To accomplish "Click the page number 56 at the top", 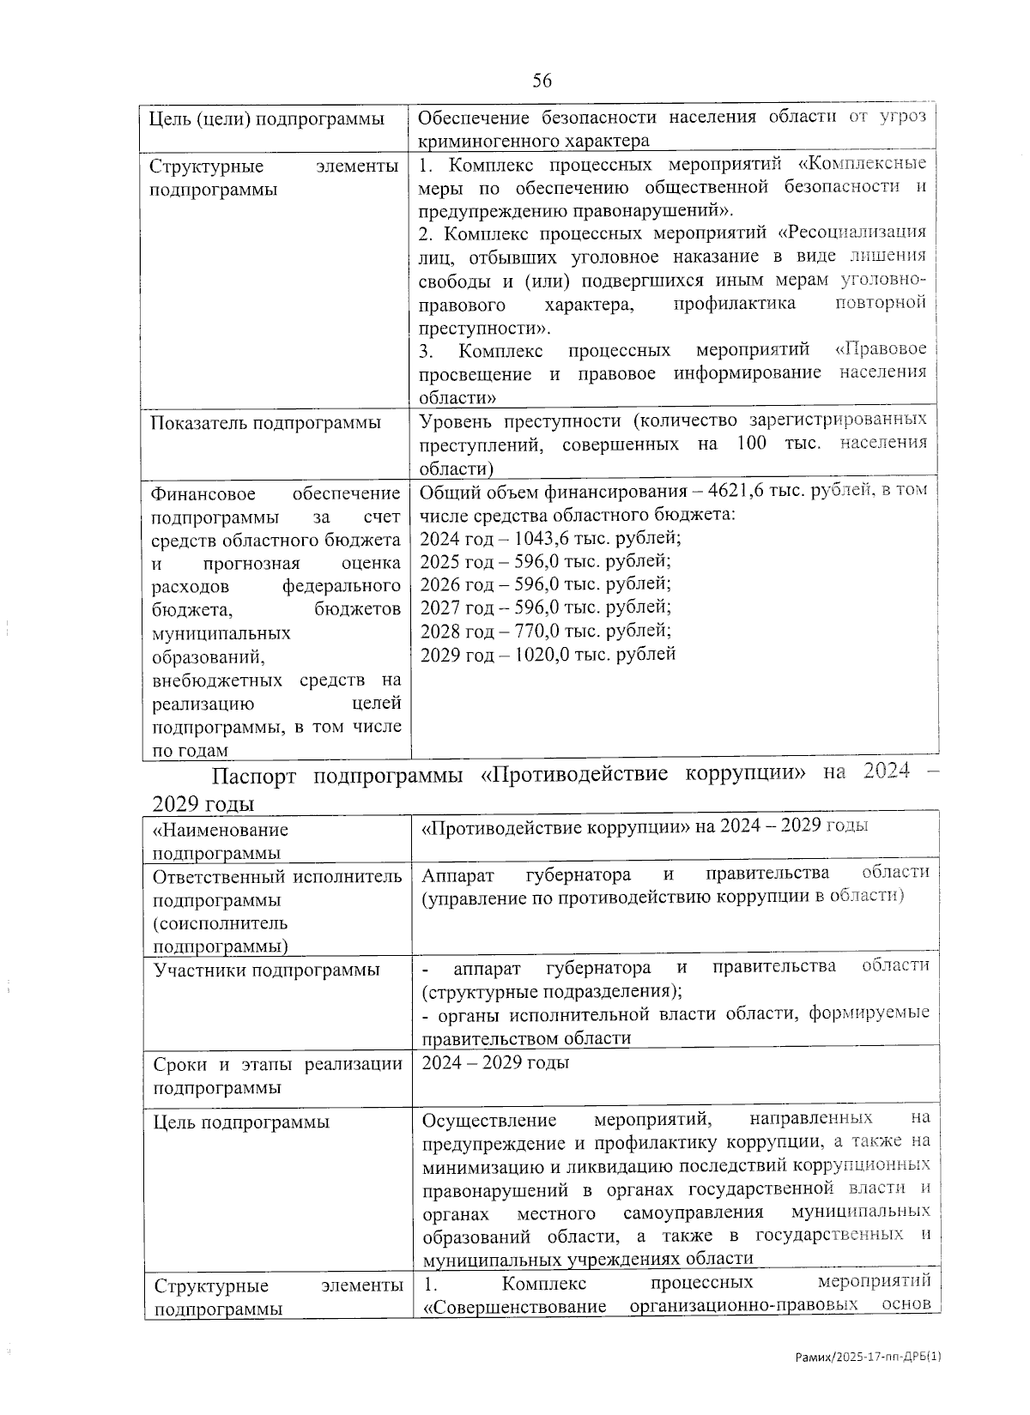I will point(542,81).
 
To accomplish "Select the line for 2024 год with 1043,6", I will point(550,538).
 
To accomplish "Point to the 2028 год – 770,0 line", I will point(546,631).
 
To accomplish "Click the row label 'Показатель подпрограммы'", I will point(266,422).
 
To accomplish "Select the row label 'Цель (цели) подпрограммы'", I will point(267,118).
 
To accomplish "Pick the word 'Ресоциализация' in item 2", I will point(858,233).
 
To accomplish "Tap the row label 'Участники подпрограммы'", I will point(266,971).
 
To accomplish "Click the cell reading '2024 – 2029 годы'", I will point(496,1063).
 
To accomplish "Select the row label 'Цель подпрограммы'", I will point(241,1122).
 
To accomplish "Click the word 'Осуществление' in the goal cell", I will point(489,1120).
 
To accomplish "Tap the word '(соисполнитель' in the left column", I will point(221,923).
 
